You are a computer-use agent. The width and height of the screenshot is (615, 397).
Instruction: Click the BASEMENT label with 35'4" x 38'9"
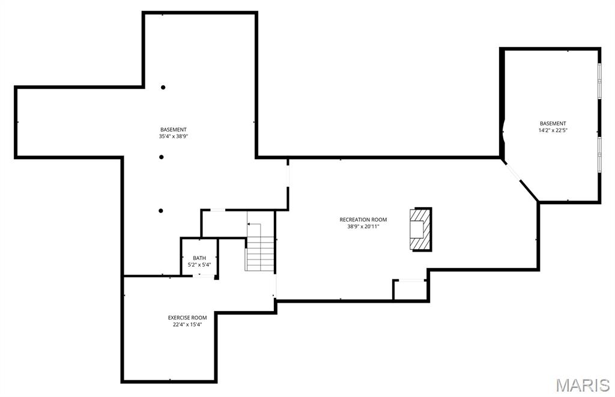pyautogui.click(x=173, y=130)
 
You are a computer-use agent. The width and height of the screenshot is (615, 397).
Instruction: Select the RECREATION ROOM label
pyautogui.click(x=363, y=220)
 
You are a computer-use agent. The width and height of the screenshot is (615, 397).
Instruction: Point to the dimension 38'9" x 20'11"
pyautogui.click(x=363, y=226)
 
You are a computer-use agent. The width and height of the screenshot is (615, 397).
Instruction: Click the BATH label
pyautogui.click(x=199, y=258)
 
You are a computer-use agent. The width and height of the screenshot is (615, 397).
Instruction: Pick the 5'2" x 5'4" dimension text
pyautogui.click(x=199, y=264)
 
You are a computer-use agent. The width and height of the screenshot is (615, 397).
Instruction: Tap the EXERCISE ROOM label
pyautogui.click(x=187, y=318)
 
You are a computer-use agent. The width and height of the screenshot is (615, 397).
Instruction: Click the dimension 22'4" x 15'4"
pyautogui.click(x=187, y=324)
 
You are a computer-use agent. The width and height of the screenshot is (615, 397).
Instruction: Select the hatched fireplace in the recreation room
pyautogui.click(x=420, y=229)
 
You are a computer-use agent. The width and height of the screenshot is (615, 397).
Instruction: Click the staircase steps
pyautogui.click(x=259, y=253)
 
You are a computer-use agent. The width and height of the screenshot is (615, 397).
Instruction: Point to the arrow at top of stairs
pyautogui.click(x=254, y=225)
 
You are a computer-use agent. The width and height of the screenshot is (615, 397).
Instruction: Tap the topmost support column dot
pyautogui.click(x=163, y=87)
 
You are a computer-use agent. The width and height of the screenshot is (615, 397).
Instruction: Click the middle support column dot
pyautogui.click(x=161, y=157)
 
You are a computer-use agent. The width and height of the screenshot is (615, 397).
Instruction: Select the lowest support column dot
pyautogui.click(x=160, y=210)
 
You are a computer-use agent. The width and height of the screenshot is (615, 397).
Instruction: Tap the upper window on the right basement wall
pyautogui.click(x=599, y=81)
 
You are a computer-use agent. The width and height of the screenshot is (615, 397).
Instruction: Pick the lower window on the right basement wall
pyautogui.click(x=599, y=155)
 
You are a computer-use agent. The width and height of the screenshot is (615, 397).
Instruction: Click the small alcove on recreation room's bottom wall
pyautogui.click(x=410, y=289)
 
